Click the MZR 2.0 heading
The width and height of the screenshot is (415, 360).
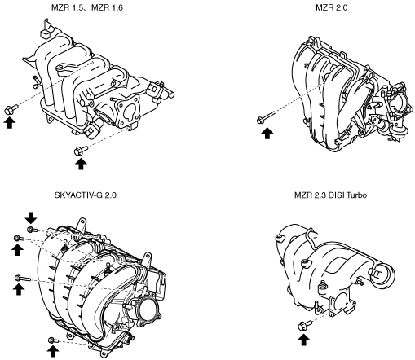[x=331, y=7]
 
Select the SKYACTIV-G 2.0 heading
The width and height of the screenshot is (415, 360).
[x=86, y=195]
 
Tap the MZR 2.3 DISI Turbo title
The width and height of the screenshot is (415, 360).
[x=330, y=195]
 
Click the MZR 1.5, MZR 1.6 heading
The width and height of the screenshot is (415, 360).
[x=87, y=7]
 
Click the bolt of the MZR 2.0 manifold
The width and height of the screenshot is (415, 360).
[x=266, y=117]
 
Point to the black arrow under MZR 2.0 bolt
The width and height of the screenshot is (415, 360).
[x=267, y=134]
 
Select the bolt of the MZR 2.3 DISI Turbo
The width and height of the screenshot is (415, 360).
[x=305, y=325]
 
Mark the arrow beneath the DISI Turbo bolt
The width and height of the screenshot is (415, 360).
[x=303, y=340]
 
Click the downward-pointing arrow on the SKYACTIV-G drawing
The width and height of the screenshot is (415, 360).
[x=31, y=217]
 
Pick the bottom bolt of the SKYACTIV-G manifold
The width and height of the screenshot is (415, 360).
[x=54, y=340]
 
